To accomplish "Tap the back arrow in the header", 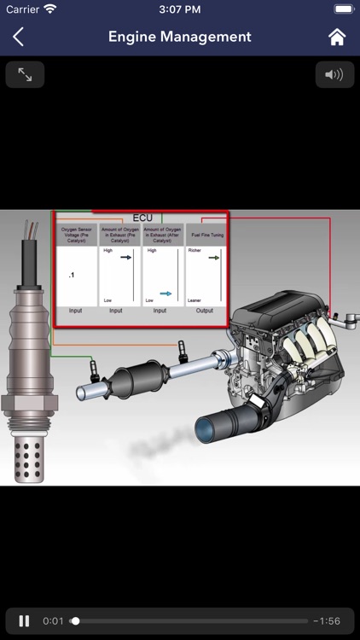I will (18, 37).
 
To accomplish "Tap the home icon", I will (337, 37).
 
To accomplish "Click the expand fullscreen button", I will (25, 75).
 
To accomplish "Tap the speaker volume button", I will (334, 75).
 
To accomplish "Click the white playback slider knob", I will (75, 621).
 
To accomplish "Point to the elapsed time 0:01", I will (54, 621).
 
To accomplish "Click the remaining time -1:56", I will (328, 621).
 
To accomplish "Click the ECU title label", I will (142, 218).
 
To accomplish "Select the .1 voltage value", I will (72, 276).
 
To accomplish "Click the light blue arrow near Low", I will (166, 293).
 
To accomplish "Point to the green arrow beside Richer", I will (214, 257).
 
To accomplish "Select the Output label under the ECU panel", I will (205, 311).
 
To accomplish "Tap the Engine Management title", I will (180, 37).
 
